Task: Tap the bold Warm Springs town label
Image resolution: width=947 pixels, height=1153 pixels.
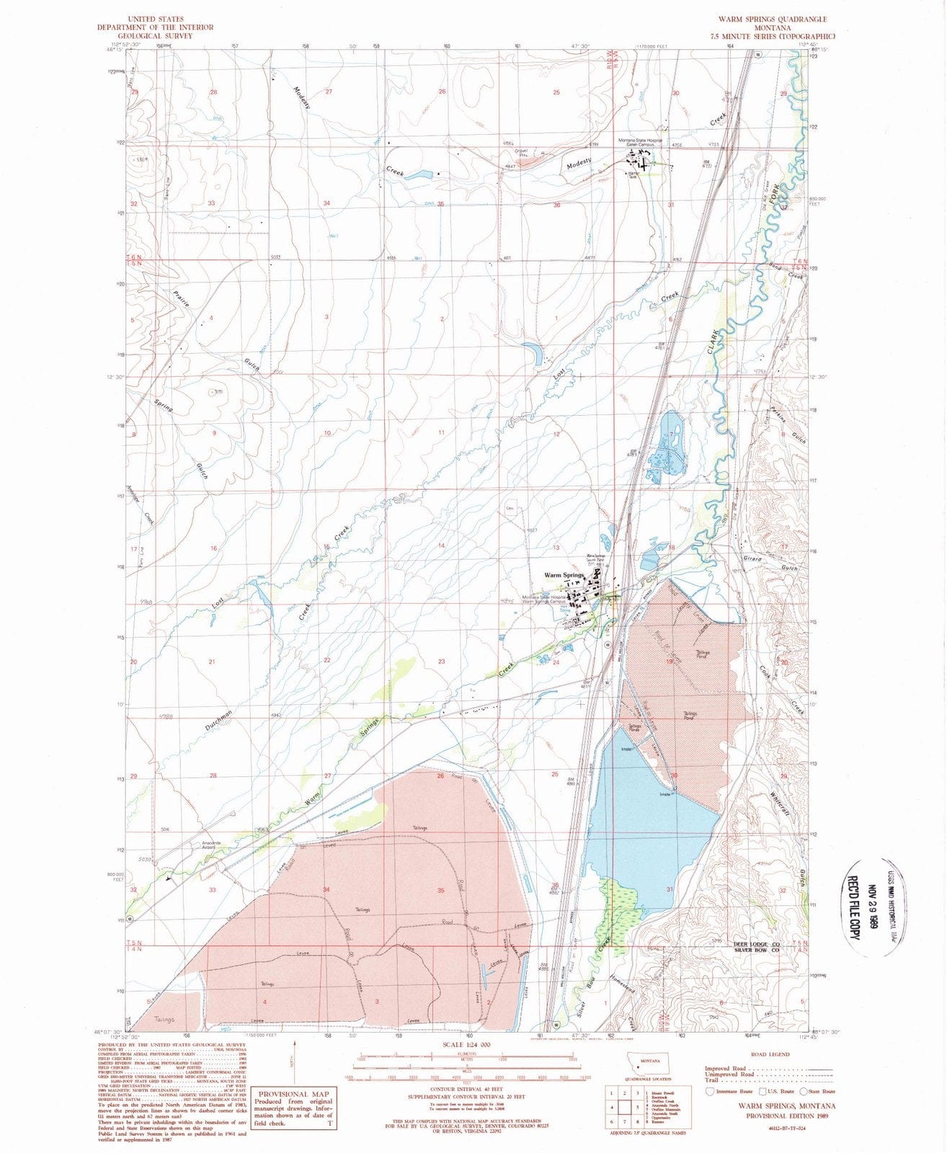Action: click(564, 575)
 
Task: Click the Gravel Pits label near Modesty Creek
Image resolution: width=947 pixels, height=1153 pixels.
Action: click(512, 152)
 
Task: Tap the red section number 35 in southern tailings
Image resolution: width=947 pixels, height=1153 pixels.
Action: click(441, 890)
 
